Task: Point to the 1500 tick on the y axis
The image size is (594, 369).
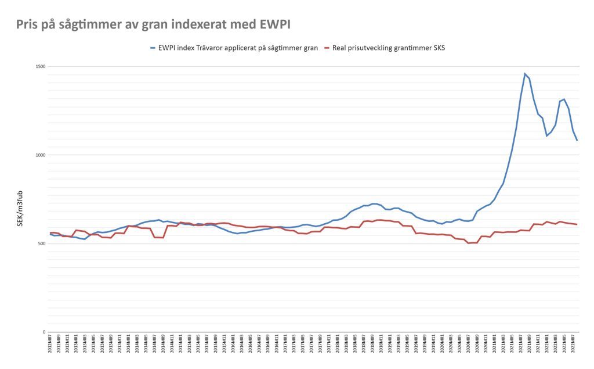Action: (41, 67)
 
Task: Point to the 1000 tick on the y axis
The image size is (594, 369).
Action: (41, 155)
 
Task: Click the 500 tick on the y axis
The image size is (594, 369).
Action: (42, 243)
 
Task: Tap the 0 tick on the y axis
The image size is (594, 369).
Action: (44, 332)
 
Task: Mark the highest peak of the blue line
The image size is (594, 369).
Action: (525, 74)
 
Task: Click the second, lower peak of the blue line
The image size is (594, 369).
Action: (564, 99)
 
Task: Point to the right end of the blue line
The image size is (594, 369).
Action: (577, 140)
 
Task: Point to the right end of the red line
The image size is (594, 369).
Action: (577, 224)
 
